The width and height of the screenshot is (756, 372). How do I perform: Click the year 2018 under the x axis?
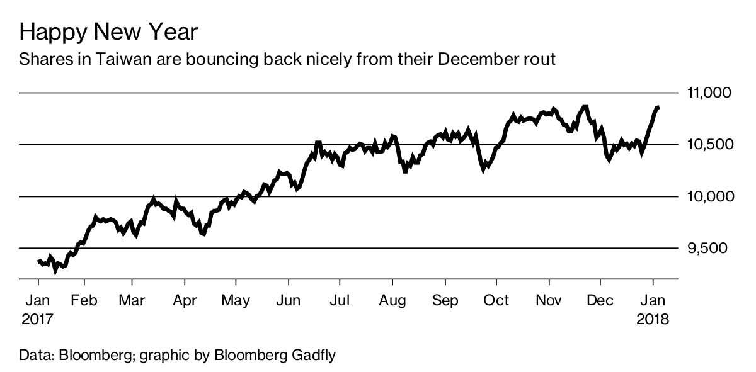[x=654, y=319]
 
